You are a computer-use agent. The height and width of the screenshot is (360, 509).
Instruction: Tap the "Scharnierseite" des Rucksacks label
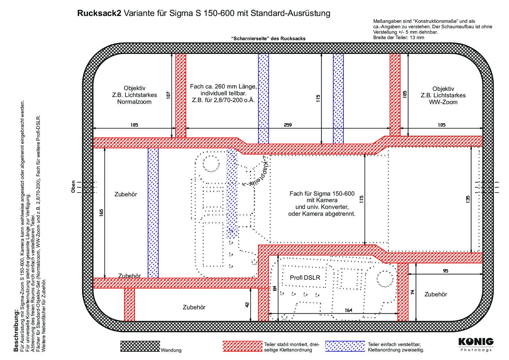click(268, 38)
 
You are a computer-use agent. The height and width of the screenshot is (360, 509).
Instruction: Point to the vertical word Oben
click(73, 187)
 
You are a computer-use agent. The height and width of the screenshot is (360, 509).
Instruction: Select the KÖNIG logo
click(476, 342)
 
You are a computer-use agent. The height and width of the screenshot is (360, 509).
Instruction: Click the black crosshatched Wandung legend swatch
click(140, 346)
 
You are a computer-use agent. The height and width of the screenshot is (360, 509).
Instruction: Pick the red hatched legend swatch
click(242, 346)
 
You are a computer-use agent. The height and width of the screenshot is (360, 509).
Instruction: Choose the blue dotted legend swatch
click(345, 346)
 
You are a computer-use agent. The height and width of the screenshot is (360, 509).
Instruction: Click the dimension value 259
click(288, 125)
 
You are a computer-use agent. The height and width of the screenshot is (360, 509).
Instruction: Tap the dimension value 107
click(168, 95)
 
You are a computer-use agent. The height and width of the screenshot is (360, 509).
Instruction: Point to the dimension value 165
click(101, 213)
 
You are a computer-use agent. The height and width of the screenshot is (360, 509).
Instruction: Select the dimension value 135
click(468, 199)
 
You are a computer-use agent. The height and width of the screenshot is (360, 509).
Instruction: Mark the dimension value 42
click(247, 305)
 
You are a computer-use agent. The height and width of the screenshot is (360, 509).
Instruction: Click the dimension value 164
click(349, 310)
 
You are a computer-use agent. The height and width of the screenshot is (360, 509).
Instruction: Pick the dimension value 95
click(446, 271)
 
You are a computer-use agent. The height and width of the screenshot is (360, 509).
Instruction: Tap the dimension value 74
click(413, 292)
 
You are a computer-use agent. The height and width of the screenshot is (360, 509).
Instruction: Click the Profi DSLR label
click(305, 277)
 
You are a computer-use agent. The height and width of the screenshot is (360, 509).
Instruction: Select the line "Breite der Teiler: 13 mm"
click(398, 37)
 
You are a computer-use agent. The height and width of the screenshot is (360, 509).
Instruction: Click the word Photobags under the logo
click(476, 350)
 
